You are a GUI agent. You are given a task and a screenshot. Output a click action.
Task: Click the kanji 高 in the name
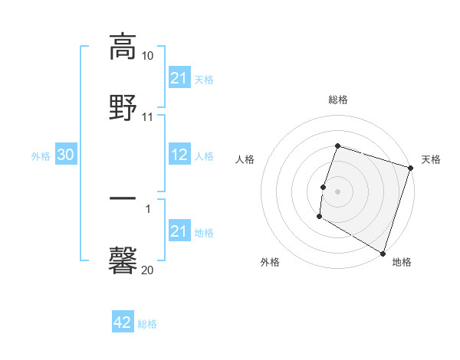click(x=123, y=46)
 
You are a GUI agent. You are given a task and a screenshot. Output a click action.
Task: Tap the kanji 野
click(x=123, y=106)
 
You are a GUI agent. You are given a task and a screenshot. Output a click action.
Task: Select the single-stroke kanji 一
click(x=123, y=198)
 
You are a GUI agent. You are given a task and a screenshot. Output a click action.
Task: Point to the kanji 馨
click(x=123, y=260)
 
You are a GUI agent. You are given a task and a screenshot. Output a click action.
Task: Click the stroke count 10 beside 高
click(x=147, y=56)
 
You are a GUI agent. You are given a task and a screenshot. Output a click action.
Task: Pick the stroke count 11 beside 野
click(x=147, y=117)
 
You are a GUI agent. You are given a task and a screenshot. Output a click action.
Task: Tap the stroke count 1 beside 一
click(x=148, y=209)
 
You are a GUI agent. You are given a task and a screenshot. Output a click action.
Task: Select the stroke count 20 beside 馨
click(x=147, y=270)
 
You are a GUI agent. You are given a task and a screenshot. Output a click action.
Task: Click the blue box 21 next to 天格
click(x=179, y=78)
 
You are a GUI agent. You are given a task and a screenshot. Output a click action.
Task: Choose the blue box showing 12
click(x=179, y=155)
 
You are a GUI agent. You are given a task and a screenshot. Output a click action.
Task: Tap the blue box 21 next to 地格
click(x=179, y=231)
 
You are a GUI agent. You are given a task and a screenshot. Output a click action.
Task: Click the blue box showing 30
click(x=66, y=155)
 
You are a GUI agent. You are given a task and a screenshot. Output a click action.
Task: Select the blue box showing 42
click(x=123, y=322)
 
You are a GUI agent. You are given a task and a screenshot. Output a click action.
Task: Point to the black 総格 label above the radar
click(x=337, y=100)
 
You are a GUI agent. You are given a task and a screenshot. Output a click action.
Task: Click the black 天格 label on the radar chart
click(x=431, y=159)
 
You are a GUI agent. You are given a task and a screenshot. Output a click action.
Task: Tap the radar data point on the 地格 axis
click(x=382, y=253)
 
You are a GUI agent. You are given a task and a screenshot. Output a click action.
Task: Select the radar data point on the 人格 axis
click(x=324, y=187)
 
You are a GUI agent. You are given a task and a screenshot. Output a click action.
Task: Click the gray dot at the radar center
click(x=337, y=191)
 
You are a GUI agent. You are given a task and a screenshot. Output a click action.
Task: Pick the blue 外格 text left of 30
click(x=41, y=155)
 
